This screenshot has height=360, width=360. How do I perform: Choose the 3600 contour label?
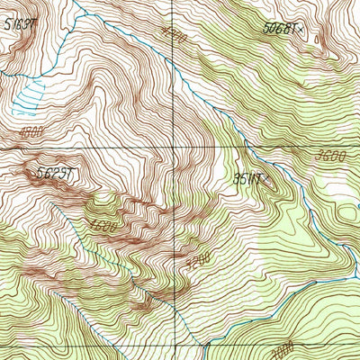tap(331, 156)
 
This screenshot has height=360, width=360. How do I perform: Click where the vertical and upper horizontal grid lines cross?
tap(174, 147)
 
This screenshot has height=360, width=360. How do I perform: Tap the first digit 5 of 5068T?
tap(268, 28)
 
